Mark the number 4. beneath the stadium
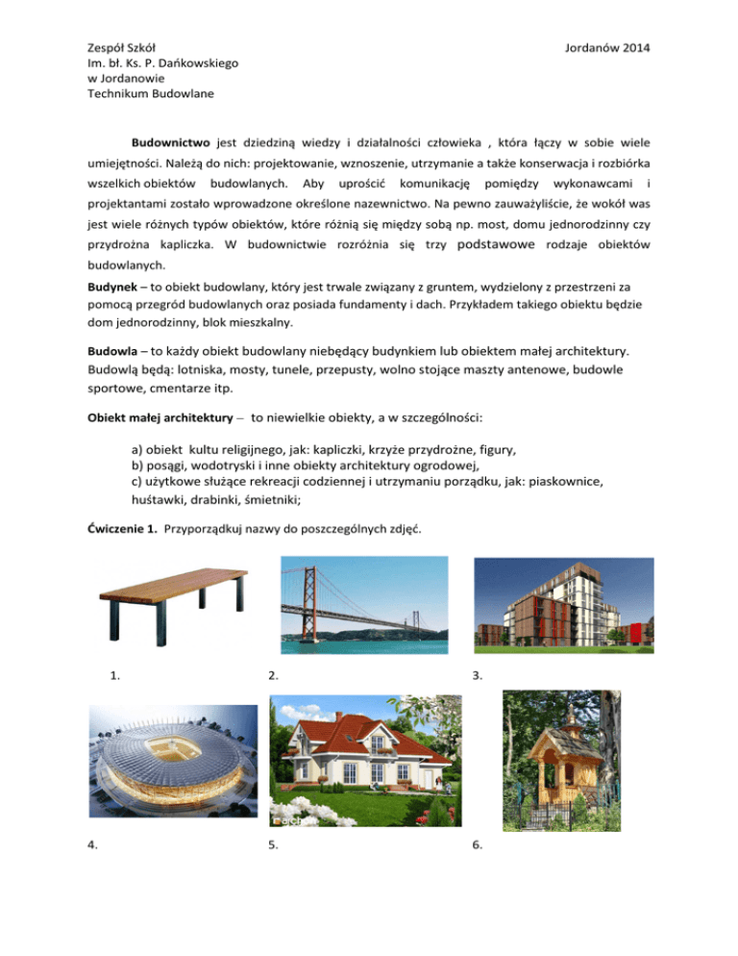click(92, 846)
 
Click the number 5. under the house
click(275, 846)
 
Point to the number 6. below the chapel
click(478, 846)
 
